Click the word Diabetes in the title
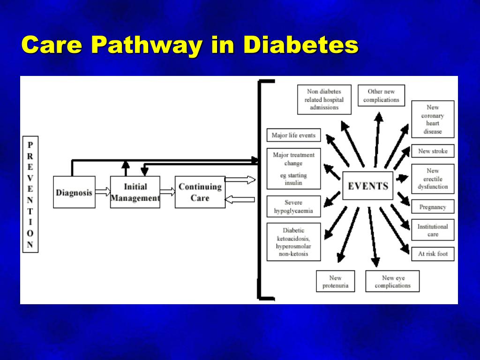300,45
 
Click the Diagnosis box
74,192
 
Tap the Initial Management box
135,192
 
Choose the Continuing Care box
200,192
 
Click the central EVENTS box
368,186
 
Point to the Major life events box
293,135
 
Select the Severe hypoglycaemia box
293,207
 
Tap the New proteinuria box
335,281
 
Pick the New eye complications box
392,281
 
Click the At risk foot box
433,254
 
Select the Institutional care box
433,230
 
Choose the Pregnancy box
433,207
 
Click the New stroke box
433,151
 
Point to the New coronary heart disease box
433,119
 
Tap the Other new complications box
381,96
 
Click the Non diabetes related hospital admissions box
324,99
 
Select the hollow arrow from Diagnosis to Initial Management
103,192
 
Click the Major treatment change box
293,169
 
